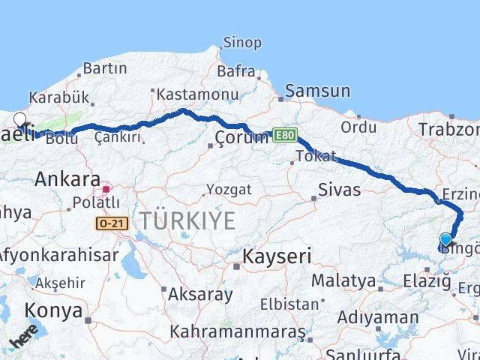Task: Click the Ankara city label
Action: point(67,179)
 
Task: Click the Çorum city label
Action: point(241,138)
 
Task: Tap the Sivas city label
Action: point(339,189)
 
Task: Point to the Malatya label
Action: point(343,281)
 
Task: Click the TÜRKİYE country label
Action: point(186,221)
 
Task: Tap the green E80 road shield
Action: point(284,135)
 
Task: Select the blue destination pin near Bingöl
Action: point(445,241)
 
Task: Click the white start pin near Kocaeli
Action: point(19,119)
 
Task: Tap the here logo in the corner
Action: point(22,341)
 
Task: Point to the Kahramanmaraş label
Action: point(237,331)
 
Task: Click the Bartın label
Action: point(105,68)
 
